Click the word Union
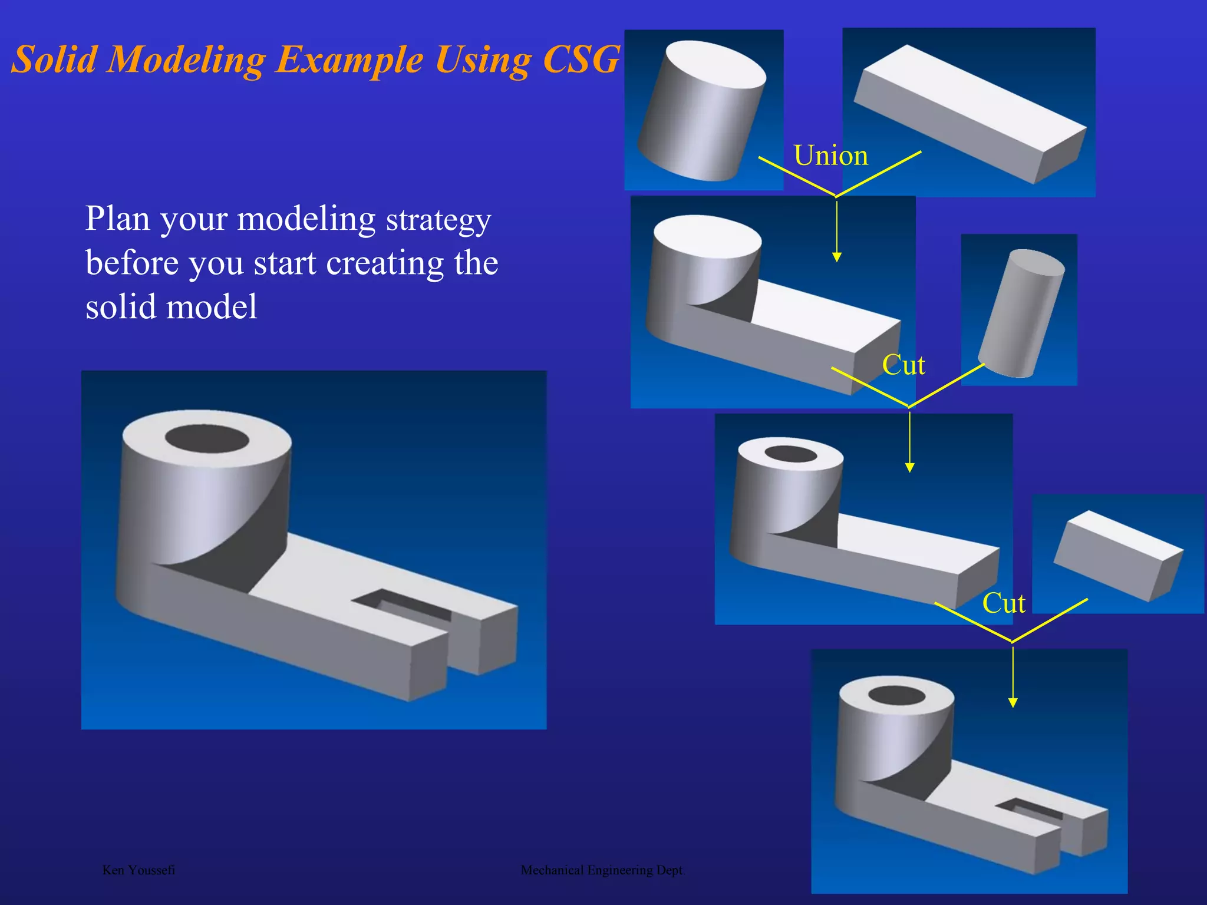click(831, 156)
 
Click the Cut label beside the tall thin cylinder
click(903, 365)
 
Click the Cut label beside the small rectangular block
click(1004, 604)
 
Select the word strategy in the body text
click(438, 220)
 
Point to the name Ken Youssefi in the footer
click(138, 870)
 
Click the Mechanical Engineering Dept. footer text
click(603, 870)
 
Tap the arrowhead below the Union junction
click(837, 257)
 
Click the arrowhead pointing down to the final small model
click(1013, 702)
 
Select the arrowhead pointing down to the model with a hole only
click(910, 467)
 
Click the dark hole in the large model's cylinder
click(207, 440)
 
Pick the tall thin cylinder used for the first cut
click(1021, 312)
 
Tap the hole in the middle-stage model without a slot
click(790, 454)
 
